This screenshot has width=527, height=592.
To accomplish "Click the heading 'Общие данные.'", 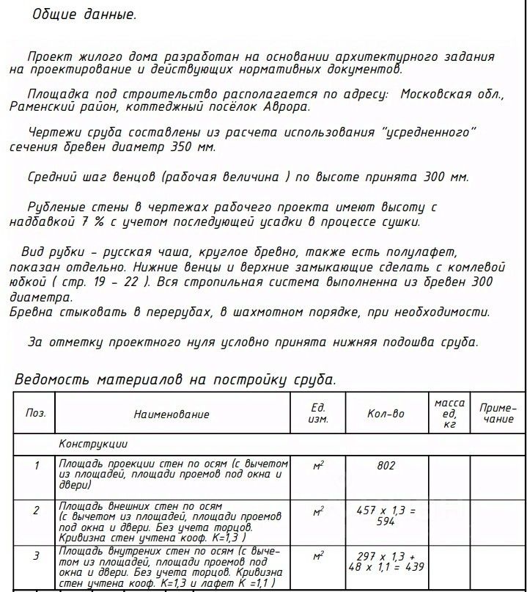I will (84, 15).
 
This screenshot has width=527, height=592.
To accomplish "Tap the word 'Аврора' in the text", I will (285, 106).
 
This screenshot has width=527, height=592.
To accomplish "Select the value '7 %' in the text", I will (89, 222).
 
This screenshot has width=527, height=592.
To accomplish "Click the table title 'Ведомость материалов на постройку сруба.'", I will (176, 379).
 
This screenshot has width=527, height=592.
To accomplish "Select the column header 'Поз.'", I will (36, 413).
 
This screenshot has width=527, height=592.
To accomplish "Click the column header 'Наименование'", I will (172, 414).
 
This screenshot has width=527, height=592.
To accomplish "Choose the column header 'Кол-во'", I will (386, 414).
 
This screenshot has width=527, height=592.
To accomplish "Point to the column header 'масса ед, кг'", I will (449, 413).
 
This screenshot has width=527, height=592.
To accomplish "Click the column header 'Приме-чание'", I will (498, 413).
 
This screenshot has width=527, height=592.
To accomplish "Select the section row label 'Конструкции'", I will (93, 444).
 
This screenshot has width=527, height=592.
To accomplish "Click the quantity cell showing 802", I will (386, 466).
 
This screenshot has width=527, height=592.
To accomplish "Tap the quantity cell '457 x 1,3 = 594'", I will (386, 515).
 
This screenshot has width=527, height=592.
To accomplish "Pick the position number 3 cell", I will (36, 556).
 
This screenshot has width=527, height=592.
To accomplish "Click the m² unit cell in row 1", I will (318, 467).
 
